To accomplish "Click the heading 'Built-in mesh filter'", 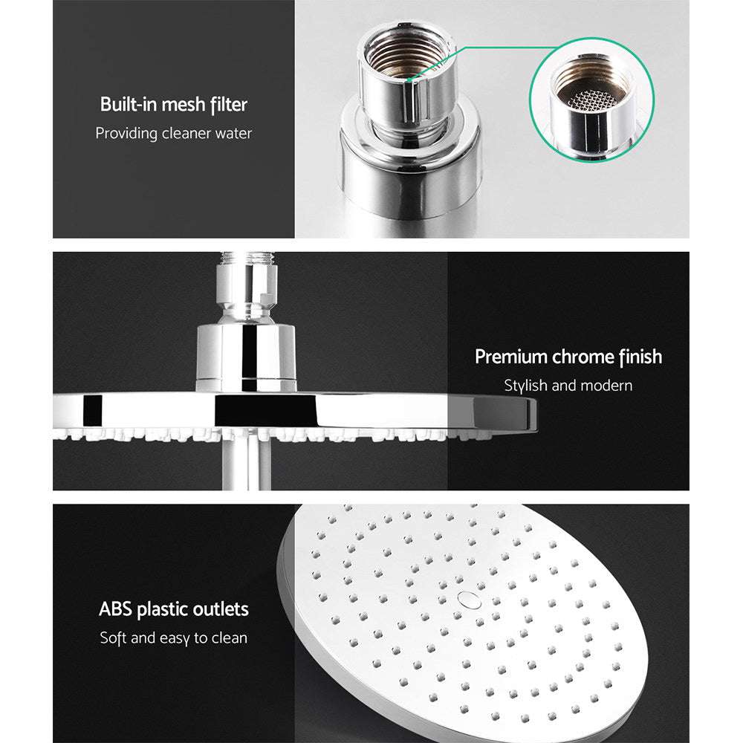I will tap(173, 105).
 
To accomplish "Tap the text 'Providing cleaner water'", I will tap(173, 134).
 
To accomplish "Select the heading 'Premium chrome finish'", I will tap(568, 357).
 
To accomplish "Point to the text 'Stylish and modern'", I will tap(568, 386).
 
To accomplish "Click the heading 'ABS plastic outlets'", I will tap(174, 610).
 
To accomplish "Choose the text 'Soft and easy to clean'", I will tap(174, 637).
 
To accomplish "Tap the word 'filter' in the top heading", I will tap(227, 105).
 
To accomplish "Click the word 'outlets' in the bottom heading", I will tap(216, 610).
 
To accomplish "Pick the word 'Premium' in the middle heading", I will tap(511, 357).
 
